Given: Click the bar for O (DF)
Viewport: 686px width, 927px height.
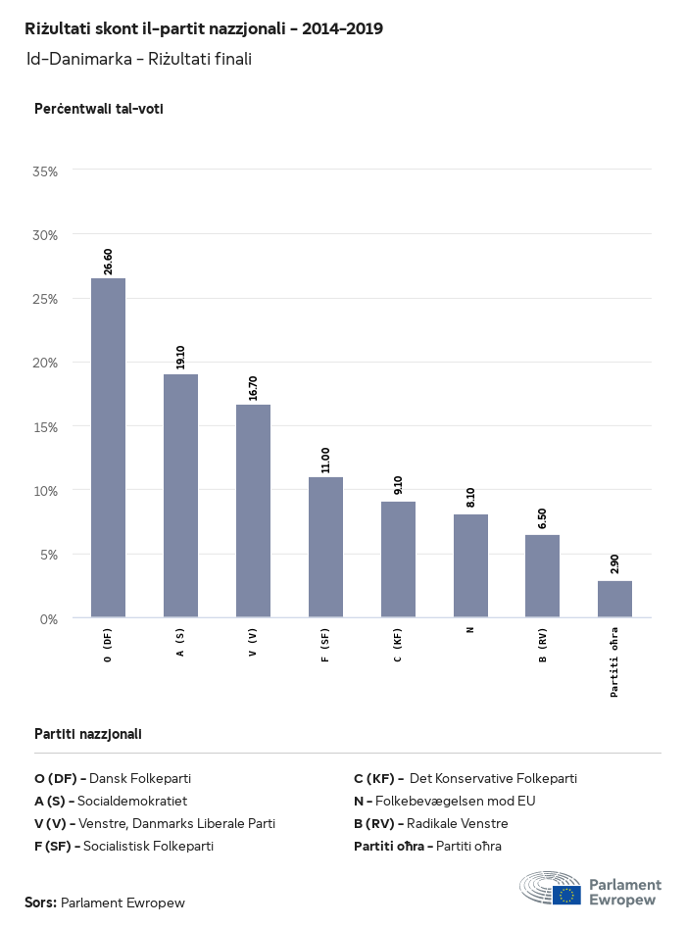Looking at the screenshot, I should [x=108, y=448].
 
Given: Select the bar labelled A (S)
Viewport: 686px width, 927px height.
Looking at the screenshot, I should [x=180, y=496].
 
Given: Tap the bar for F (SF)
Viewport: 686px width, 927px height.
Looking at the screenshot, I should [x=325, y=547].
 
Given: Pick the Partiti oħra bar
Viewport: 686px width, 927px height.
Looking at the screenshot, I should [x=614, y=599].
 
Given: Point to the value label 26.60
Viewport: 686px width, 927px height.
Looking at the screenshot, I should [x=108, y=262].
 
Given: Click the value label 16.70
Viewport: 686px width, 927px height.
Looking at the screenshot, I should [x=253, y=388].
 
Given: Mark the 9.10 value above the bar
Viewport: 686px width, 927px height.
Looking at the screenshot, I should [x=398, y=485].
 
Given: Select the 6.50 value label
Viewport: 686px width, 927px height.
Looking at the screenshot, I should [x=542, y=518].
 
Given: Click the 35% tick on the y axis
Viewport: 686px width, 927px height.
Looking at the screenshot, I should [x=46, y=171].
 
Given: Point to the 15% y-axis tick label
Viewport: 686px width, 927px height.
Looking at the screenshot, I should [x=46, y=427].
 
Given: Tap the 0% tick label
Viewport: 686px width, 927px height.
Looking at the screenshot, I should [x=50, y=619].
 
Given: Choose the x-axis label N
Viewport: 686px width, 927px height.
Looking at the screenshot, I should [x=470, y=629].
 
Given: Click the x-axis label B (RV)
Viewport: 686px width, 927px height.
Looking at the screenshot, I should [x=542, y=645].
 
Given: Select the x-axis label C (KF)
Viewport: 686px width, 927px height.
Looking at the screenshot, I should [x=398, y=645].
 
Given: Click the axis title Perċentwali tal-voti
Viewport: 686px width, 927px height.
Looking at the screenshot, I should [x=98, y=109].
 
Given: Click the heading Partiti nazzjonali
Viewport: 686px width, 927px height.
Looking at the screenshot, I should [x=88, y=733].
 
